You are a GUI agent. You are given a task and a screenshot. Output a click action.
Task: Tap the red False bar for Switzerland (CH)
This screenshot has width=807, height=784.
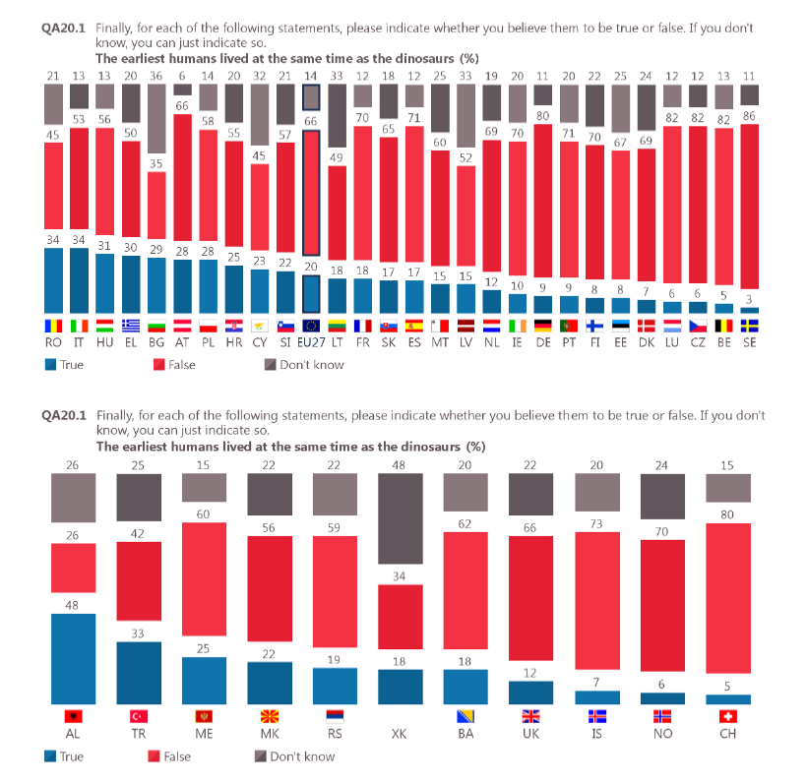[728, 608]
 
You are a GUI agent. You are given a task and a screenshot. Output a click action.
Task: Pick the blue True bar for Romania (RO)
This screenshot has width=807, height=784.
[52, 280]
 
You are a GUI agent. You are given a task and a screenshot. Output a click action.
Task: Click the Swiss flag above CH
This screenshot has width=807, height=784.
[728, 716]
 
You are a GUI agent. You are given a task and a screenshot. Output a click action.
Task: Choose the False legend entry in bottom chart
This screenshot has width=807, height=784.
[171, 756]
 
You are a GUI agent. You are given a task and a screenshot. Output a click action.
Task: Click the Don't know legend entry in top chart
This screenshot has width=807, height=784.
[308, 365]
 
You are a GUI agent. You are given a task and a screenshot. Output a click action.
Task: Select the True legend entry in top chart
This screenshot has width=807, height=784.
[65, 365]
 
